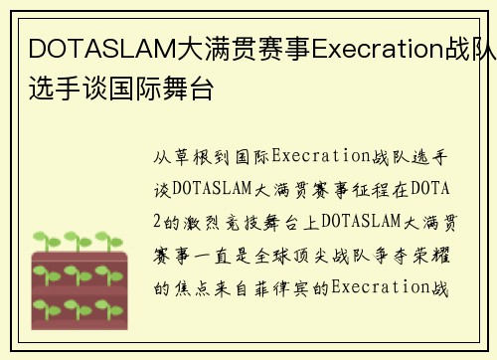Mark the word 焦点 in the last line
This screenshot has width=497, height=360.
tap(194, 288)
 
